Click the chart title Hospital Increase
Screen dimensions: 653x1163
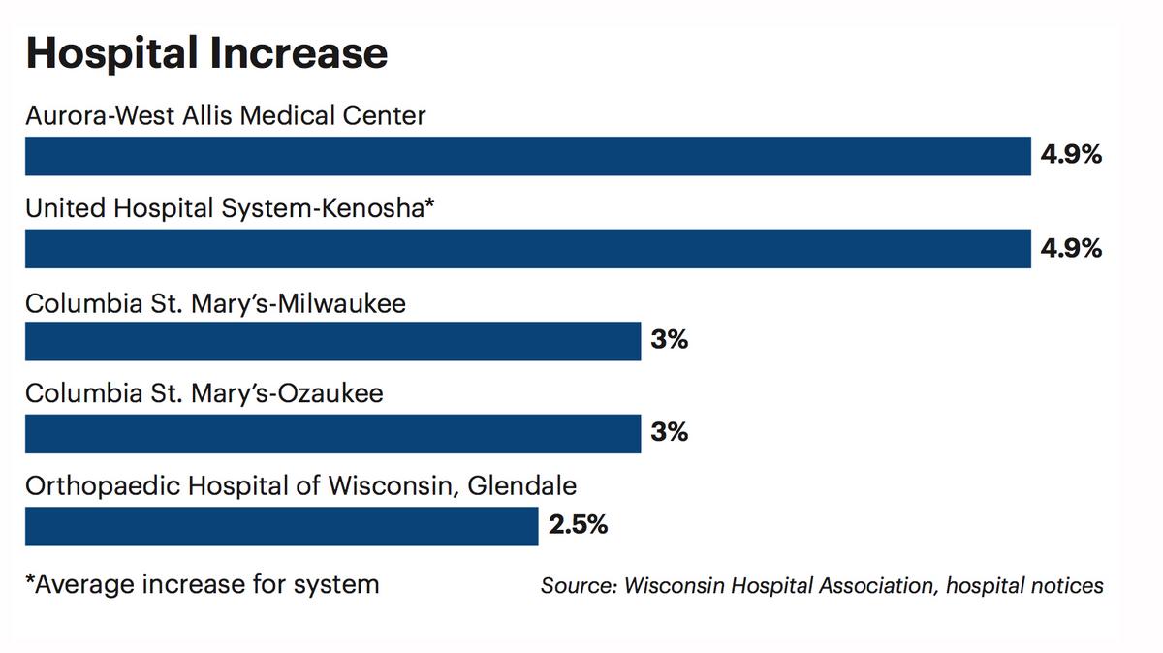click(206, 53)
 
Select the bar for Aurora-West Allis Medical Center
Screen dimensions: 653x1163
click(527, 156)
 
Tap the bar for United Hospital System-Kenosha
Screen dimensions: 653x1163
click(527, 248)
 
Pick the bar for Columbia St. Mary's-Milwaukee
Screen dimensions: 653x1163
click(332, 341)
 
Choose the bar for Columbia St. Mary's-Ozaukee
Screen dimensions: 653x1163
click(332, 433)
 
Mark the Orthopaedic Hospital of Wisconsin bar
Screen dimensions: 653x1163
click(281, 526)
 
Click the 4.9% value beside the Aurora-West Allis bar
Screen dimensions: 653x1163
click(1071, 155)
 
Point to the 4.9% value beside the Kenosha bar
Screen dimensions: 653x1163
click(1071, 248)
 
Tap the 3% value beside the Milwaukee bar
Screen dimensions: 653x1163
click(669, 341)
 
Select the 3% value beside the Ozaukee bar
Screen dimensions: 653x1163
click(669, 432)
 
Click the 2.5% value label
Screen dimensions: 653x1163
click(578, 525)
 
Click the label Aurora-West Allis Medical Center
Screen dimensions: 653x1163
click(225, 116)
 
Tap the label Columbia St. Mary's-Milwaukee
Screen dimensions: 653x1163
click(215, 304)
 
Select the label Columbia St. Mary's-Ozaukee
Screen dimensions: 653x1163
click(204, 394)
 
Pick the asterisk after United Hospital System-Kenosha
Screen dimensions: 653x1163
click(430, 204)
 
